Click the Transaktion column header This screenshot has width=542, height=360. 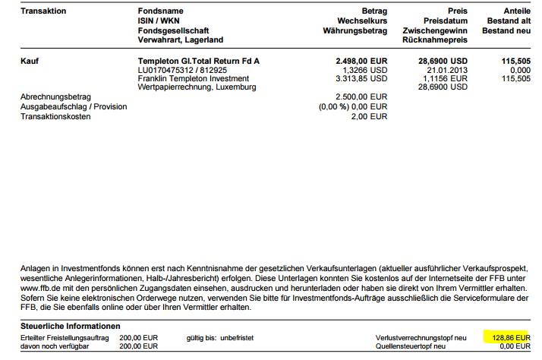tap(44, 11)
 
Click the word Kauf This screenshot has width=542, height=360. tap(30, 59)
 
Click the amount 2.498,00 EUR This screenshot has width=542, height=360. tap(361, 59)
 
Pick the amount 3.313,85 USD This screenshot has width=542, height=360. tap(361, 77)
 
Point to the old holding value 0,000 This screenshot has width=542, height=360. tap(519, 68)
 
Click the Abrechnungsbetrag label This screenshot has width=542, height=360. tap(56, 96)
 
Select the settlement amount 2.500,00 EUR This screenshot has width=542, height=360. tap(361, 96)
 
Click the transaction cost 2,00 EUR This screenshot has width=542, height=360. tap(370, 115)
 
